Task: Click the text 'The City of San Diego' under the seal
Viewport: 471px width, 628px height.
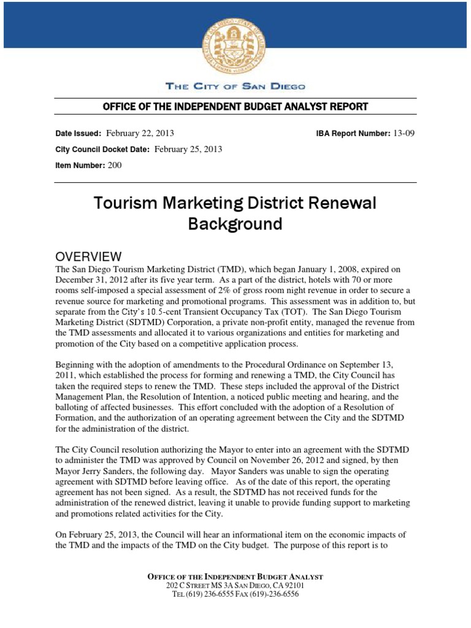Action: (235, 86)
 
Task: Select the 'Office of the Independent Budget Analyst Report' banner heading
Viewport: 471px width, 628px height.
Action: (235, 107)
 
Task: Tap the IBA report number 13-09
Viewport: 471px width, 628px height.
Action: (404, 132)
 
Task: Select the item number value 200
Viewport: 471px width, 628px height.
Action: (115, 166)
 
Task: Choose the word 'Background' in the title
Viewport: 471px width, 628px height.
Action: (235, 224)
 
